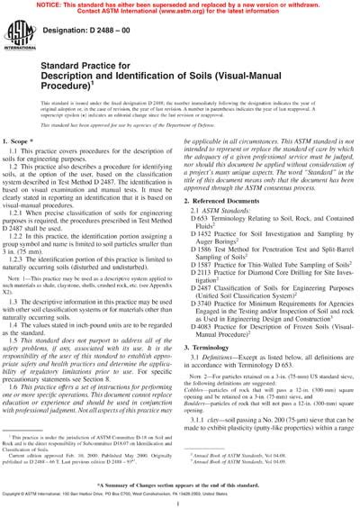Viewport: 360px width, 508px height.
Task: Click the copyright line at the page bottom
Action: [180, 496]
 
